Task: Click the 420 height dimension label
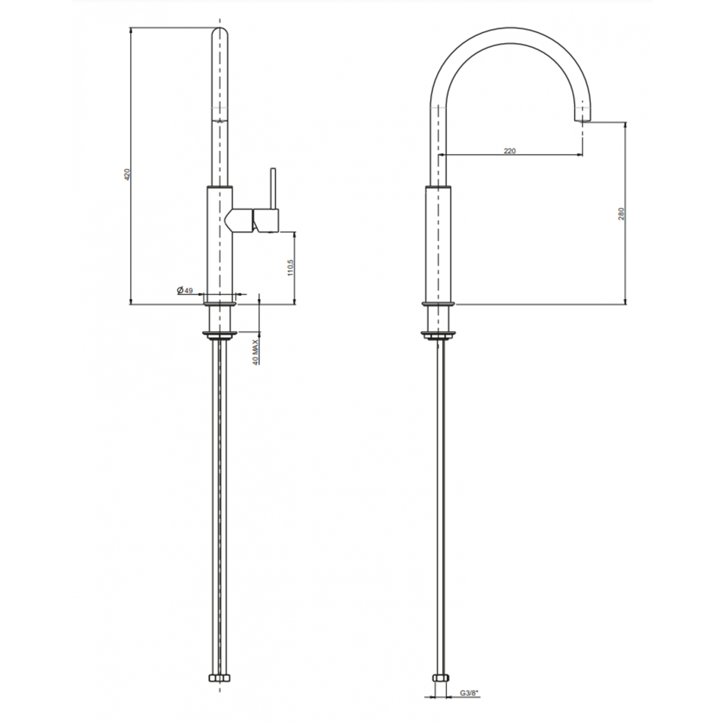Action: [127, 174]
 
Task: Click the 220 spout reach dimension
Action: [509, 151]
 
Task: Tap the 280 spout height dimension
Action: [621, 214]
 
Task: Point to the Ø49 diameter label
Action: [185, 291]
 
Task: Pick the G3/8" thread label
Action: [469, 693]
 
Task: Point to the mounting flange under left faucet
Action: [220, 335]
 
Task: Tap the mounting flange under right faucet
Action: [439, 335]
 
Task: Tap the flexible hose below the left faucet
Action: [220, 502]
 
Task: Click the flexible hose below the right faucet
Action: [439, 502]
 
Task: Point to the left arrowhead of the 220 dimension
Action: [442, 154]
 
